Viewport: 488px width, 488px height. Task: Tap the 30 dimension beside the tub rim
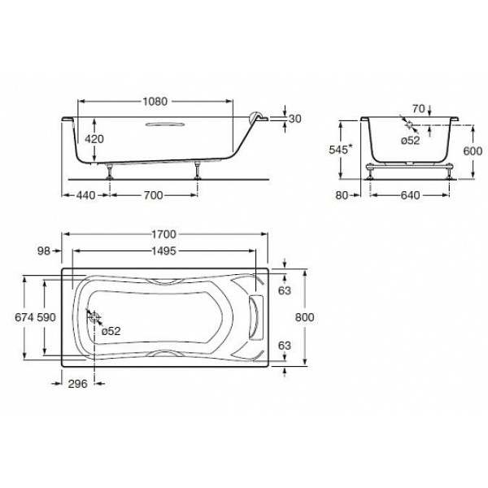[x=295, y=119]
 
